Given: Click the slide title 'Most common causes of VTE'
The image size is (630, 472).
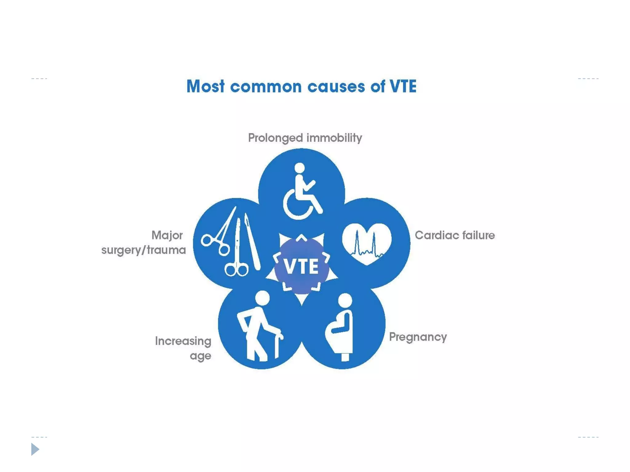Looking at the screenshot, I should [x=301, y=86].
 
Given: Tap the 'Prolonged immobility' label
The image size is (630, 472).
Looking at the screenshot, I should [x=305, y=138].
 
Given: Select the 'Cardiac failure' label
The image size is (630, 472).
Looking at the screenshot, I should [x=455, y=235].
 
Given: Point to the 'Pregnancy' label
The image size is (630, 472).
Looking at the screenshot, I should [x=418, y=337].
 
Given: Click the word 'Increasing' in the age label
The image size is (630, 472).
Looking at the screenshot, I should [x=183, y=341].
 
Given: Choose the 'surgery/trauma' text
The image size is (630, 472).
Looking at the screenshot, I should [x=144, y=250].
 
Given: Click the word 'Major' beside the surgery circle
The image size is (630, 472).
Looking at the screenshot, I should [x=167, y=235].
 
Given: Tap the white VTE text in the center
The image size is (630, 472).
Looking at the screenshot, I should [x=301, y=266].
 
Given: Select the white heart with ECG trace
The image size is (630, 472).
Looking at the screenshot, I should [x=367, y=243].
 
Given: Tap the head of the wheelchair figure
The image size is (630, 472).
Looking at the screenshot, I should [x=299, y=168].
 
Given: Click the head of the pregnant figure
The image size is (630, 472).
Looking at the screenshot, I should [x=345, y=300].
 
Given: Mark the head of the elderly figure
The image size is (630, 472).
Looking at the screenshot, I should [x=262, y=298].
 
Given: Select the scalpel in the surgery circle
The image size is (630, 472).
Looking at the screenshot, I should [x=252, y=243].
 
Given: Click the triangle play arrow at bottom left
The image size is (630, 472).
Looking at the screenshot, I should [x=35, y=449].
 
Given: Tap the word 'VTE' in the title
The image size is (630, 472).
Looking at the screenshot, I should [x=403, y=86].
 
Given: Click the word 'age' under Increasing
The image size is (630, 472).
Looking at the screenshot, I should [x=200, y=356].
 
